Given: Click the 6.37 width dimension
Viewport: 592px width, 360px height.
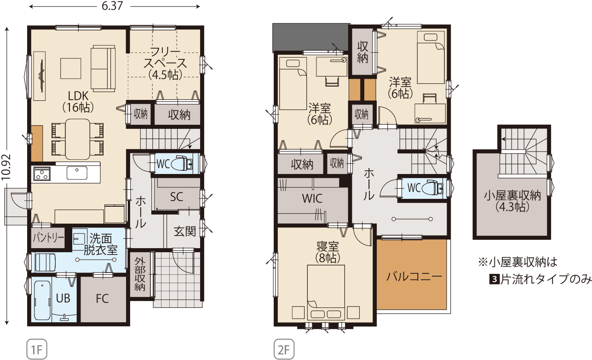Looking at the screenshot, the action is [112, 6].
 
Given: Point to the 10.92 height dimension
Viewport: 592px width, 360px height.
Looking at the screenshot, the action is [6, 167].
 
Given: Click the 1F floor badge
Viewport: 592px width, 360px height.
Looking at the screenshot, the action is [37, 349].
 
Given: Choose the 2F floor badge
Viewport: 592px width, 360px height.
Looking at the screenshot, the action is [284, 349].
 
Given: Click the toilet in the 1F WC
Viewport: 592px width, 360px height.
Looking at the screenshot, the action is [182, 164].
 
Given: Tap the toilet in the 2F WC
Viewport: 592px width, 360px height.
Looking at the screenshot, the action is [433, 188].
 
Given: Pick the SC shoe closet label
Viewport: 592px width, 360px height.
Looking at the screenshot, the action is [176, 197].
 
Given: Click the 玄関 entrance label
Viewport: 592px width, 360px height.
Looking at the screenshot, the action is [185, 232].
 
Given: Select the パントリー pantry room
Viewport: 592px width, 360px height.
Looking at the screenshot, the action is [48, 238].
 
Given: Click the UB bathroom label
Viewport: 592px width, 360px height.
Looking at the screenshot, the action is [63, 298].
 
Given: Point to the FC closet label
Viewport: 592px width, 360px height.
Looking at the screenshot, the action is [102, 299].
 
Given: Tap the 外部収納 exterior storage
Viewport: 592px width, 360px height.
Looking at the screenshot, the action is [140, 274].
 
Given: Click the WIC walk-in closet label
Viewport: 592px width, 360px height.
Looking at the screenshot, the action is [312, 198].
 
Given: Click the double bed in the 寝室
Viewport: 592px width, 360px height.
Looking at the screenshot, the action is [326, 292].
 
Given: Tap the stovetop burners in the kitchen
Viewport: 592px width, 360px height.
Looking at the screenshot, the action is [41, 174].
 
